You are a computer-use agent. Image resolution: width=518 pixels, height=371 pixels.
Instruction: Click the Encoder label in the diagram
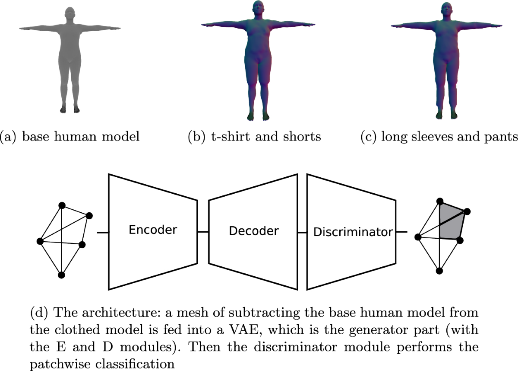[x=153, y=229]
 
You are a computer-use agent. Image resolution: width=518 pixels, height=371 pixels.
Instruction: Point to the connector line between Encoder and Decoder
[x=203, y=232]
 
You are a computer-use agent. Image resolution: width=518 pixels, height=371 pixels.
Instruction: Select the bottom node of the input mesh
[x=61, y=275]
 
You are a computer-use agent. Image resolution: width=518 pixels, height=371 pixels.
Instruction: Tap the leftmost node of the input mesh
[x=40, y=241]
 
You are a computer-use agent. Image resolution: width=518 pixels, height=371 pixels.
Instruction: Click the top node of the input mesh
[x=62, y=205]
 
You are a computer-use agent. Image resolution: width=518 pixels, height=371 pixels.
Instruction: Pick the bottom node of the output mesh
[x=439, y=271]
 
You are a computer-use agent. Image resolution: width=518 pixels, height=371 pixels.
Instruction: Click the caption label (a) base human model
[x=71, y=137]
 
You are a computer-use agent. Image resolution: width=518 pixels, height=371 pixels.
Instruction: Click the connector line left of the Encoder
[x=103, y=233]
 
